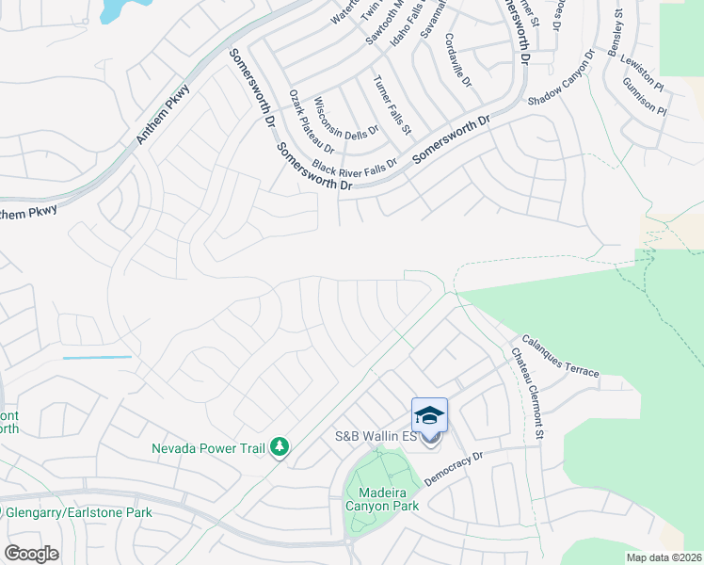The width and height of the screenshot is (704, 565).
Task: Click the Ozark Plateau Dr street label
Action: tap(312, 122)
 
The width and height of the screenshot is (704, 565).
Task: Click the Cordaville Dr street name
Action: tap(458, 61)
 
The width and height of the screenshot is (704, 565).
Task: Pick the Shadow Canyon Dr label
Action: tap(562, 78)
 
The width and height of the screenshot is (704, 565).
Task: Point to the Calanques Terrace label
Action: tap(560, 357)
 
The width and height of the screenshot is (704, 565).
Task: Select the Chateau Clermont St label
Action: tap(527, 394)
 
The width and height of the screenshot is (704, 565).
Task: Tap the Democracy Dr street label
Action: tap(453, 468)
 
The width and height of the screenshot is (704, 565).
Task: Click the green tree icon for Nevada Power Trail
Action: tap(279, 447)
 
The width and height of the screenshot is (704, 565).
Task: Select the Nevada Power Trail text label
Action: tap(209, 448)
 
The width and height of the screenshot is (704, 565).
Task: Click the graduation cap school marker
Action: tap(429, 415)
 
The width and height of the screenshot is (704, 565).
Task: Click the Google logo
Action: tap(30, 554)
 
